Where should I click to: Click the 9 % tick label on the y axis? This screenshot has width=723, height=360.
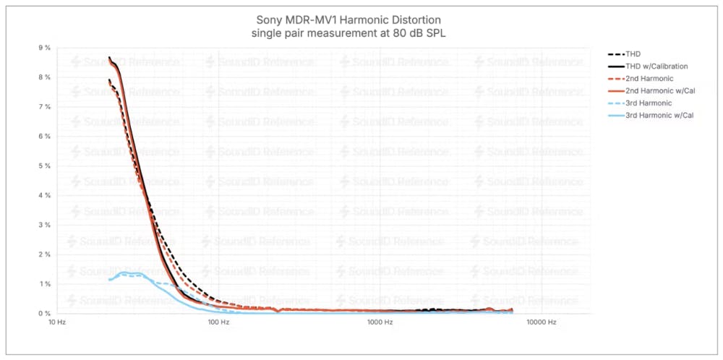44,48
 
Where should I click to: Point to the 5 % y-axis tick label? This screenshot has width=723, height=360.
44,166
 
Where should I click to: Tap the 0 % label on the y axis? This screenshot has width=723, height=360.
44,313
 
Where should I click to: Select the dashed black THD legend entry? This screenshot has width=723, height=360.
632,54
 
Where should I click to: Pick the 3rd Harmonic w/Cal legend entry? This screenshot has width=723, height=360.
659,115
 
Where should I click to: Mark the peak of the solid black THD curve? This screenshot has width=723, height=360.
109,58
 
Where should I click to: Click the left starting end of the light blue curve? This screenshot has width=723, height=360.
108,280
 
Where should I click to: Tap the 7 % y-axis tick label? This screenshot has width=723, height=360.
44,107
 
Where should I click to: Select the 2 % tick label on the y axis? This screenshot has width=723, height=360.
44,254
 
